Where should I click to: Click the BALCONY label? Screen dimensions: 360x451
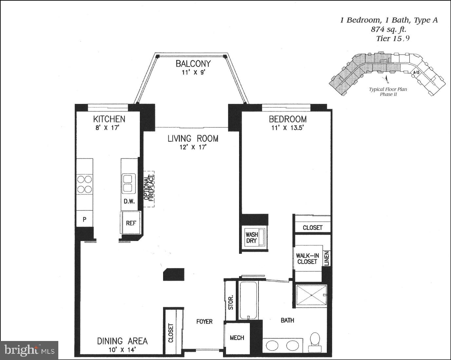(x=193, y=64)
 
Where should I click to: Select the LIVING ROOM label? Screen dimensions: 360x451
(x=193, y=139)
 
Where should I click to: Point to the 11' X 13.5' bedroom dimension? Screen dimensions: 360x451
(x=288, y=128)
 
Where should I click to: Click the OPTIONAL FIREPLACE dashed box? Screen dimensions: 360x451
(x=149, y=189)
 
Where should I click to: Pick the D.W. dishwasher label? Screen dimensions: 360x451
(x=129, y=201)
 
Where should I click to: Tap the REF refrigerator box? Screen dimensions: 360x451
(x=131, y=223)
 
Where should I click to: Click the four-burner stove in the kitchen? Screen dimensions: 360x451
(x=85, y=184)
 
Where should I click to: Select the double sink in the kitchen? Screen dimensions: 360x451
(x=128, y=183)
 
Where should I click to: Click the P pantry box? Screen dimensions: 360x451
(x=85, y=219)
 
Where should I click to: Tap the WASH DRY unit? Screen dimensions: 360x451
(x=252, y=238)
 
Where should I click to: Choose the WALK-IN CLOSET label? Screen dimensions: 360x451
(x=307, y=258)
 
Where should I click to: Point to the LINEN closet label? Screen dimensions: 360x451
(x=326, y=258)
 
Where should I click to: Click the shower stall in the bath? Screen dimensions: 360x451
(x=311, y=296)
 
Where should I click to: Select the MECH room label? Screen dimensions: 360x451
(x=237, y=338)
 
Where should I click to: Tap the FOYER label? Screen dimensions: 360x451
(x=204, y=322)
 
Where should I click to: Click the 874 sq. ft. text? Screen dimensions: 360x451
(x=388, y=29)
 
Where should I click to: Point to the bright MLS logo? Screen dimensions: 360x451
(x=29, y=350)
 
